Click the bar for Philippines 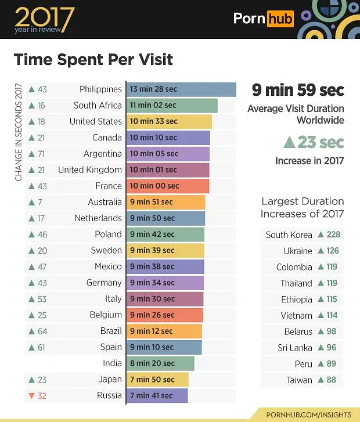181,89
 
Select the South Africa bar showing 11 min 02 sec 171,106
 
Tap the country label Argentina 102,154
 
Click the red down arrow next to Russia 31,396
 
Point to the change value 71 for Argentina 42,154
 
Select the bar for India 160,363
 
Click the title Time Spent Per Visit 93,60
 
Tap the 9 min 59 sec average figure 297,91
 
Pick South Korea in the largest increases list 289,235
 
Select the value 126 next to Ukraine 332,251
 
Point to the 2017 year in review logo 44,20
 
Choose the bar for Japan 157,380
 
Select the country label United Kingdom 90,170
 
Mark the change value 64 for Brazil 42,331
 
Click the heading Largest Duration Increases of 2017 302,207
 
